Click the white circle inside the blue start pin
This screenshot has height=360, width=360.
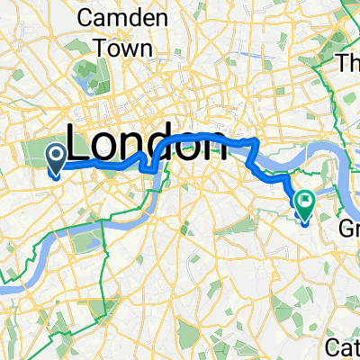(54, 157)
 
